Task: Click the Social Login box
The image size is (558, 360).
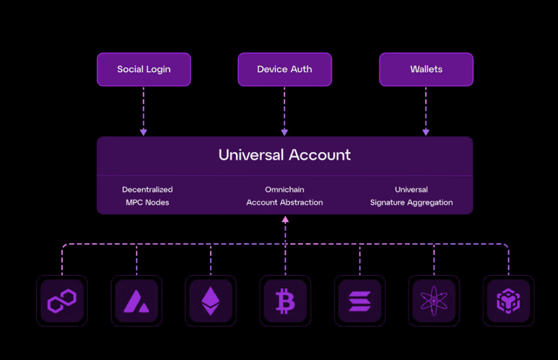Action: point(144,70)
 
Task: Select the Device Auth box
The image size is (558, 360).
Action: point(285,70)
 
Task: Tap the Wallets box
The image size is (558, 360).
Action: point(426,70)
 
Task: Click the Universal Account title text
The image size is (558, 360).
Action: point(285,154)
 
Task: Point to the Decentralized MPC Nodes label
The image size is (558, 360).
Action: point(148,196)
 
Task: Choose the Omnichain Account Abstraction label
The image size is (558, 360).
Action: point(285,196)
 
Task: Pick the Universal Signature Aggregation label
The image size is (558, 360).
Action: point(412,196)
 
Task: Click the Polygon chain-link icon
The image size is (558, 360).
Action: point(62,301)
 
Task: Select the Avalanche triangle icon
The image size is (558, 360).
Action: point(136,301)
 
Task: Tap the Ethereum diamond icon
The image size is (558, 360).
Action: point(211,301)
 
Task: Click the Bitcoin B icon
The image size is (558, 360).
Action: point(285,301)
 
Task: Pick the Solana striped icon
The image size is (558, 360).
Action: point(360,301)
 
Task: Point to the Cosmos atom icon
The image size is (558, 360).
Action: point(434,301)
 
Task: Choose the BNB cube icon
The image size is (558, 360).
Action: point(508,301)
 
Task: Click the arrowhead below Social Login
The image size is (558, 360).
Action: point(144,132)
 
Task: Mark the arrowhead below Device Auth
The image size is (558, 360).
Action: point(285,132)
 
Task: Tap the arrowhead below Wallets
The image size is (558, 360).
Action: point(426,132)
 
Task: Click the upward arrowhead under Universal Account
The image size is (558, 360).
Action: point(285,220)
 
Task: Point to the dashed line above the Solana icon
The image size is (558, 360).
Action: point(360,260)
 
